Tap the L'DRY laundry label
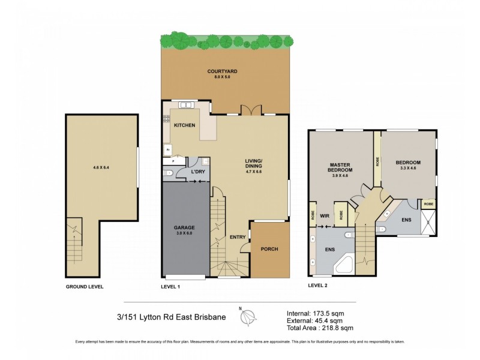pyautogui.click(x=198, y=172)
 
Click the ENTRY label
pyautogui.click(x=237, y=237)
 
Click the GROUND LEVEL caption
pyautogui.click(x=85, y=287)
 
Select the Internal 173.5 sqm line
pyautogui.click(x=315, y=313)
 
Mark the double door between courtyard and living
pyautogui.click(x=250, y=110)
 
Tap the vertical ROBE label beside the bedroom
pyautogui.click(x=377, y=162)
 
